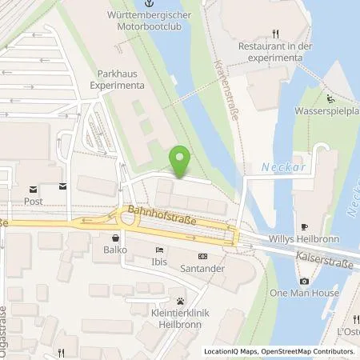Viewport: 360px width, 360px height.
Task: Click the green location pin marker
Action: point(182,160)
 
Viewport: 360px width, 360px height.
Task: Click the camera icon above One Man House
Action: point(304,281)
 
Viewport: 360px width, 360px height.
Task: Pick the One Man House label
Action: point(304,294)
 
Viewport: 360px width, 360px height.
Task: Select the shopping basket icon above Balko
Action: point(117,237)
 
